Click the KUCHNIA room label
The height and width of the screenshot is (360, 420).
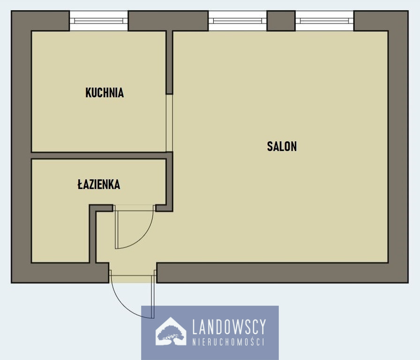pos(105,93)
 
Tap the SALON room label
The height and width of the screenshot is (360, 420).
pos(282,146)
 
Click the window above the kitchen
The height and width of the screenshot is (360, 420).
pos(98,21)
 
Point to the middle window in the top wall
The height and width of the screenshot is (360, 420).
pos(237,21)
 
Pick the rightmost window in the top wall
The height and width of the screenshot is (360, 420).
pos(324,21)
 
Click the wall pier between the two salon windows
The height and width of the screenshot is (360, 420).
pos(281,21)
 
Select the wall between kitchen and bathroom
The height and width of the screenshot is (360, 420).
pos(98,156)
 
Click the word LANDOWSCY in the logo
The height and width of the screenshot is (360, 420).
pos(229,327)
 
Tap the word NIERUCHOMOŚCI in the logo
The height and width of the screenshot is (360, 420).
pos(228,342)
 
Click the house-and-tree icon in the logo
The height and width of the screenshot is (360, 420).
pos(171,331)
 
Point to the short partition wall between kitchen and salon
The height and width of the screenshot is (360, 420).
pos(169,62)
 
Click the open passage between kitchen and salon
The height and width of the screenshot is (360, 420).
pos(169,123)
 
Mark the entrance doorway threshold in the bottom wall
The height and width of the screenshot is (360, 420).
pos(133,276)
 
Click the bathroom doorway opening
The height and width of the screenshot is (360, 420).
pos(134,208)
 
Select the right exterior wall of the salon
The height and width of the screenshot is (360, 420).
pos(398,147)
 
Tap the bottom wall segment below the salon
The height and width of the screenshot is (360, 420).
pos(283,273)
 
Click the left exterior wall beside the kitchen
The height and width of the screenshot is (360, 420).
pos(21,91)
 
